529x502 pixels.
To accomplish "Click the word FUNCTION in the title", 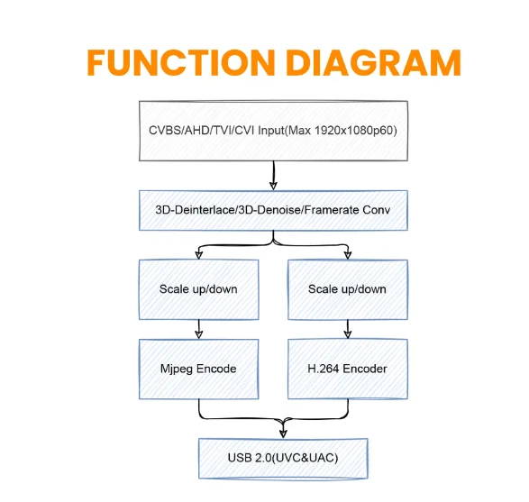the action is (181, 63).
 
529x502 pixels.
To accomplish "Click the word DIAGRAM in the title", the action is (373, 63).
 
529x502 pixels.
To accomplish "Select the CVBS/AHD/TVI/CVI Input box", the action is (273, 131).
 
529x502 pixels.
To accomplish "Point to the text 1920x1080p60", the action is (356, 130).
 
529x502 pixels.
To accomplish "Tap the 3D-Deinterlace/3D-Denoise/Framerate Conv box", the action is (273, 211).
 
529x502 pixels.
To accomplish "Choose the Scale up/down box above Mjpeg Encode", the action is (198, 289).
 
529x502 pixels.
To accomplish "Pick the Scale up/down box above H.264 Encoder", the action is (348, 289).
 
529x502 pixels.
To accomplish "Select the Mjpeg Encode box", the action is (198, 370).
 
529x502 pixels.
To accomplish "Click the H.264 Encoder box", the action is (348, 370).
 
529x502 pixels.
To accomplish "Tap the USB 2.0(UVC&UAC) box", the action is (283, 459).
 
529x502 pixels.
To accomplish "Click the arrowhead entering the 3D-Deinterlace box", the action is (273, 187).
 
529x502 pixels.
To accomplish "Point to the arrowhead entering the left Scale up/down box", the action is (198, 255).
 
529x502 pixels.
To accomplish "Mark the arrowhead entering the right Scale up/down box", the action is (348, 255).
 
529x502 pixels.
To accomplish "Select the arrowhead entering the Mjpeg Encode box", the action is (198, 334).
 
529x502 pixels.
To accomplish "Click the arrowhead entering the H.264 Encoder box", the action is (348, 334).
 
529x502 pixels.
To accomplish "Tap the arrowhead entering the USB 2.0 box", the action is (283, 434).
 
